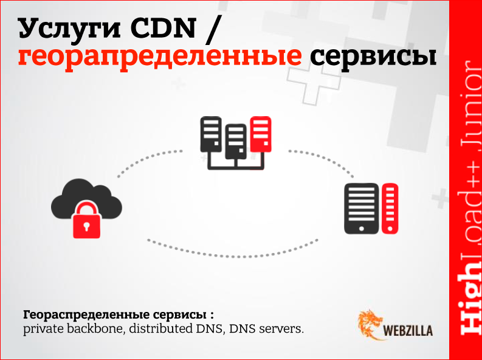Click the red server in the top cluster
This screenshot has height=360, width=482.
tap(260, 135)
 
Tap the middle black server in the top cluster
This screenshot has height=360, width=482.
tap(235, 140)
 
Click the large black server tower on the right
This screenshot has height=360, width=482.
tap(361, 209)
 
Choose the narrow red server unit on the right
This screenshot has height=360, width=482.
tap(390, 209)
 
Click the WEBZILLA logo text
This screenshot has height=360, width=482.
tap(409, 332)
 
